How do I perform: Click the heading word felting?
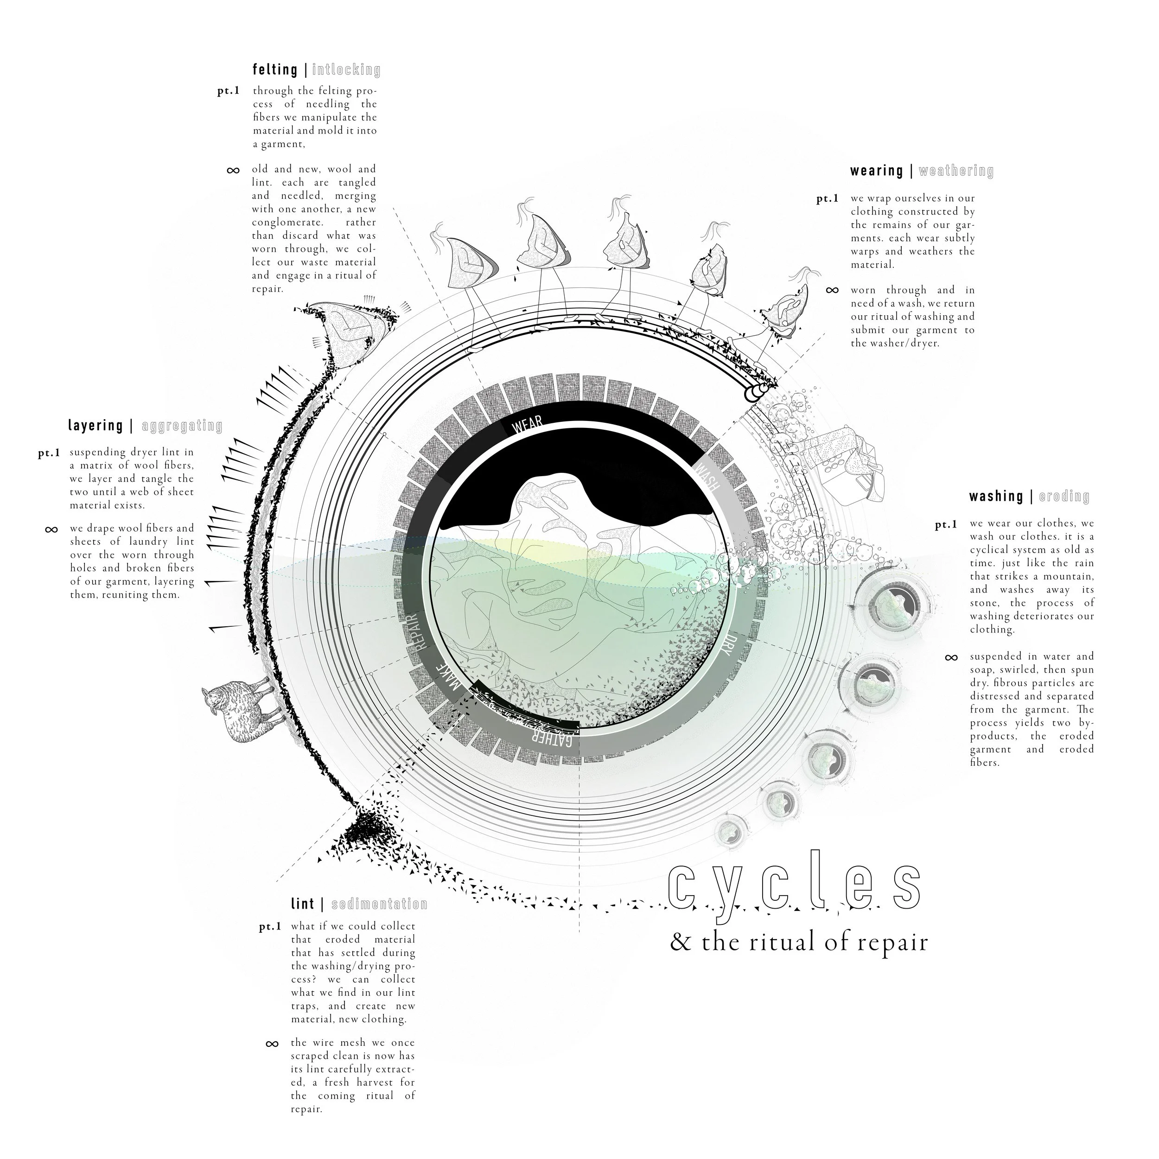275,70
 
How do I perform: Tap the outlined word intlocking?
346,70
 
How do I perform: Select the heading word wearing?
877,171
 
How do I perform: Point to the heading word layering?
96,426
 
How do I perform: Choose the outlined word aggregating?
182,427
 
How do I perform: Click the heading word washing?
996,496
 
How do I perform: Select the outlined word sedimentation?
379,904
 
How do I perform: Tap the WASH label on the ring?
706,477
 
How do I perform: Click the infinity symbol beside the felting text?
233,170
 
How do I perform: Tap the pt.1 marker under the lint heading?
270,927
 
